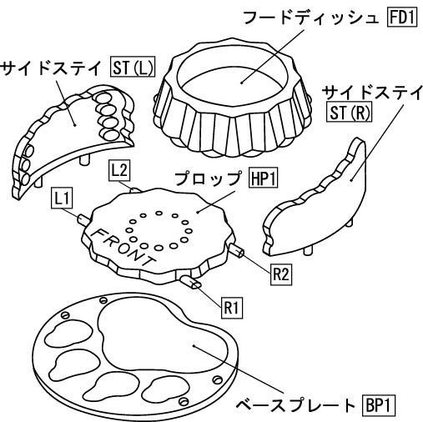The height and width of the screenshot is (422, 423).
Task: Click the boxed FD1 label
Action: [402, 18]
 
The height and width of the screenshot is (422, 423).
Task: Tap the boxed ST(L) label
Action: [133, 67]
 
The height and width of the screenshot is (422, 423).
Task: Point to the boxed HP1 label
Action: [264, 178]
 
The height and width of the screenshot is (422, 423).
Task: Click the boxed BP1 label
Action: [379, 405]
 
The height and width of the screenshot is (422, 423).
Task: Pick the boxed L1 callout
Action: [62, 198]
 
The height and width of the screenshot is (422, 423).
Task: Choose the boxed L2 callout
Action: [119, 170]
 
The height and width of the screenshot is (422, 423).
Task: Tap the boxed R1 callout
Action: [232, 308]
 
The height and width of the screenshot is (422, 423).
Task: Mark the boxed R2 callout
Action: [281, 274]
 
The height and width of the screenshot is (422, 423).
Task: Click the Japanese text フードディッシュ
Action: [311, 18]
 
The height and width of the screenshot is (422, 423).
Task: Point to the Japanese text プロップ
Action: [208, 178]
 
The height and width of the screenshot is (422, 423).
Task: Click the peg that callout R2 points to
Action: [236, 249]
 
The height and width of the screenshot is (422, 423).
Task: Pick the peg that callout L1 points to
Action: [83, 219]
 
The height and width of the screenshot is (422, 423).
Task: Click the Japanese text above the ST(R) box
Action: [372, 93]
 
